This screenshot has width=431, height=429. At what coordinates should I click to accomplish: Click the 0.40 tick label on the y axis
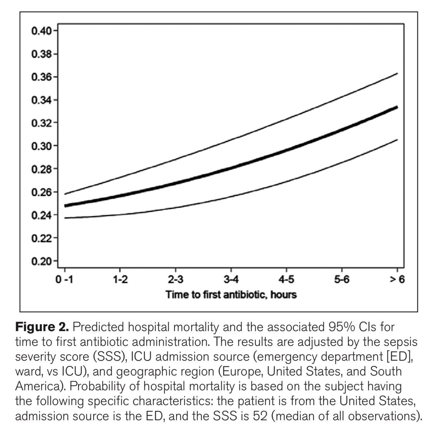[41, 31]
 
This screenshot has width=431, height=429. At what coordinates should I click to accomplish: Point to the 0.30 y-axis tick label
[41, 146]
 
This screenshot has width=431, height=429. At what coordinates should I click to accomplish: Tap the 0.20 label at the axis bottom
[41, 261]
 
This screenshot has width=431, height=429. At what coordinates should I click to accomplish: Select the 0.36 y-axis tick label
[41, 77]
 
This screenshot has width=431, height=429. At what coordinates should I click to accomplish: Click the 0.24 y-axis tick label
[41, 215]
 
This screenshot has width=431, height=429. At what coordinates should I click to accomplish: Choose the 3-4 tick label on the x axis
[231, 280]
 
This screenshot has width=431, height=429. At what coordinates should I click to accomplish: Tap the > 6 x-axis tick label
[397, 280]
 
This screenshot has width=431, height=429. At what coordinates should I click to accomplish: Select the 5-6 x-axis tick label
[342, 280]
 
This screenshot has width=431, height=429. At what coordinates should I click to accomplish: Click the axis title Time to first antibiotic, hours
[231, 295]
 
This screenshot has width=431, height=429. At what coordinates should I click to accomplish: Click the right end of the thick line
[397, 107]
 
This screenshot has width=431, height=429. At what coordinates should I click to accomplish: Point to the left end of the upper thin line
[65, 194]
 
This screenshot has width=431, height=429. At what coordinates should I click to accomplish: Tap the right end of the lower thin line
[397, 140]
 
